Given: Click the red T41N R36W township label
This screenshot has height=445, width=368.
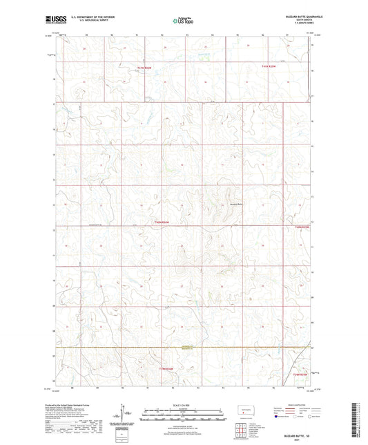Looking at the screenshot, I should [143, 67].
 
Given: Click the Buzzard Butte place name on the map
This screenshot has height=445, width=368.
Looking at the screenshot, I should [237, 203].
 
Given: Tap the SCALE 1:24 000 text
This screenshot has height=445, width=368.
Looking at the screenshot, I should [184, 404].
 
